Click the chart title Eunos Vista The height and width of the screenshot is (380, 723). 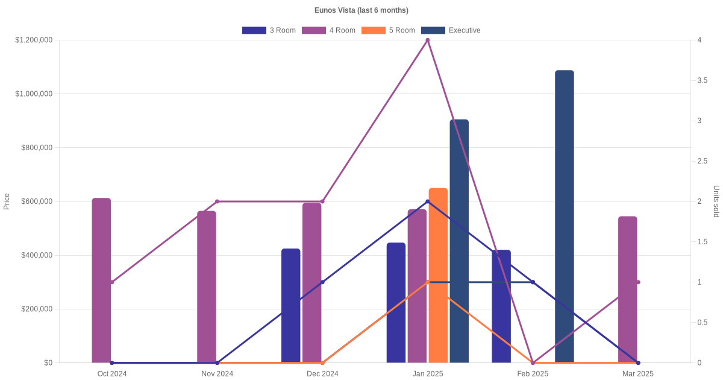361,10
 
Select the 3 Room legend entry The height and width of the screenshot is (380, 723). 269,30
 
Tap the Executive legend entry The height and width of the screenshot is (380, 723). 451,30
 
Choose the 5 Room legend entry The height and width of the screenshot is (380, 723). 388,30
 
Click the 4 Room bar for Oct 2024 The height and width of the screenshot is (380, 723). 101,280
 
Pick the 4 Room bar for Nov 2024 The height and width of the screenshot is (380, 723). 207,287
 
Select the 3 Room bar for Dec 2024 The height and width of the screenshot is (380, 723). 290,306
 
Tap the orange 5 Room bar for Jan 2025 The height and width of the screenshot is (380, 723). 438,276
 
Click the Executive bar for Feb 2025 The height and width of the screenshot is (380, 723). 565,217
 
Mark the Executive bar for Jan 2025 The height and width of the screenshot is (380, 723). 459,241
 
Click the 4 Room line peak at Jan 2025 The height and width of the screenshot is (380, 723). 428,40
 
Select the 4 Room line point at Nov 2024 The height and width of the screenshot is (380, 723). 217,201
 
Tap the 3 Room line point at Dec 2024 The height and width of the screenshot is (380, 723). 322,282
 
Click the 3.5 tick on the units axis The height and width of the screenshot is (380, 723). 703,80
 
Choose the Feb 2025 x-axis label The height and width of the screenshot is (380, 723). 533,374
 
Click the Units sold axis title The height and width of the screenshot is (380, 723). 716,201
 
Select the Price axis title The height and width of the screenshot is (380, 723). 7,201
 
